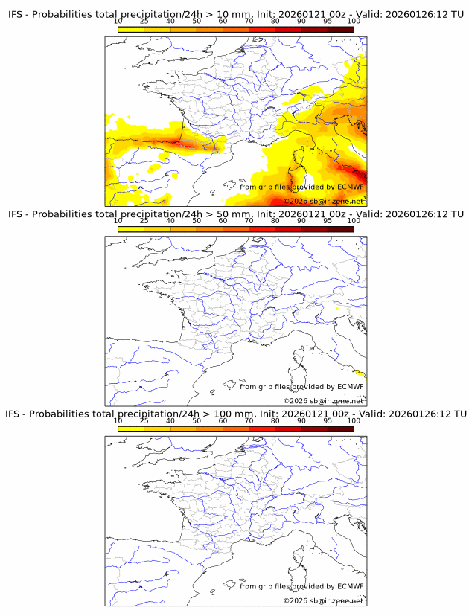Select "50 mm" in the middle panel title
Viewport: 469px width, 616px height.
(232, 214)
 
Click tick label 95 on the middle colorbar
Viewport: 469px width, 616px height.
(328, 221)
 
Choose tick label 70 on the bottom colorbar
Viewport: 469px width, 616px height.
(249, 420)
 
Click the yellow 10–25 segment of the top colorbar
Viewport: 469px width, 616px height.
(131, 29)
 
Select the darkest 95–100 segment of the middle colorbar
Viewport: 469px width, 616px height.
(341, 229)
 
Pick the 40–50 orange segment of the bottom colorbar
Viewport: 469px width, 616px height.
(183, 429)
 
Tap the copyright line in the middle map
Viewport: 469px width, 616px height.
(323, 401)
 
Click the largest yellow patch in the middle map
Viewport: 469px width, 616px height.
(361, 373)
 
